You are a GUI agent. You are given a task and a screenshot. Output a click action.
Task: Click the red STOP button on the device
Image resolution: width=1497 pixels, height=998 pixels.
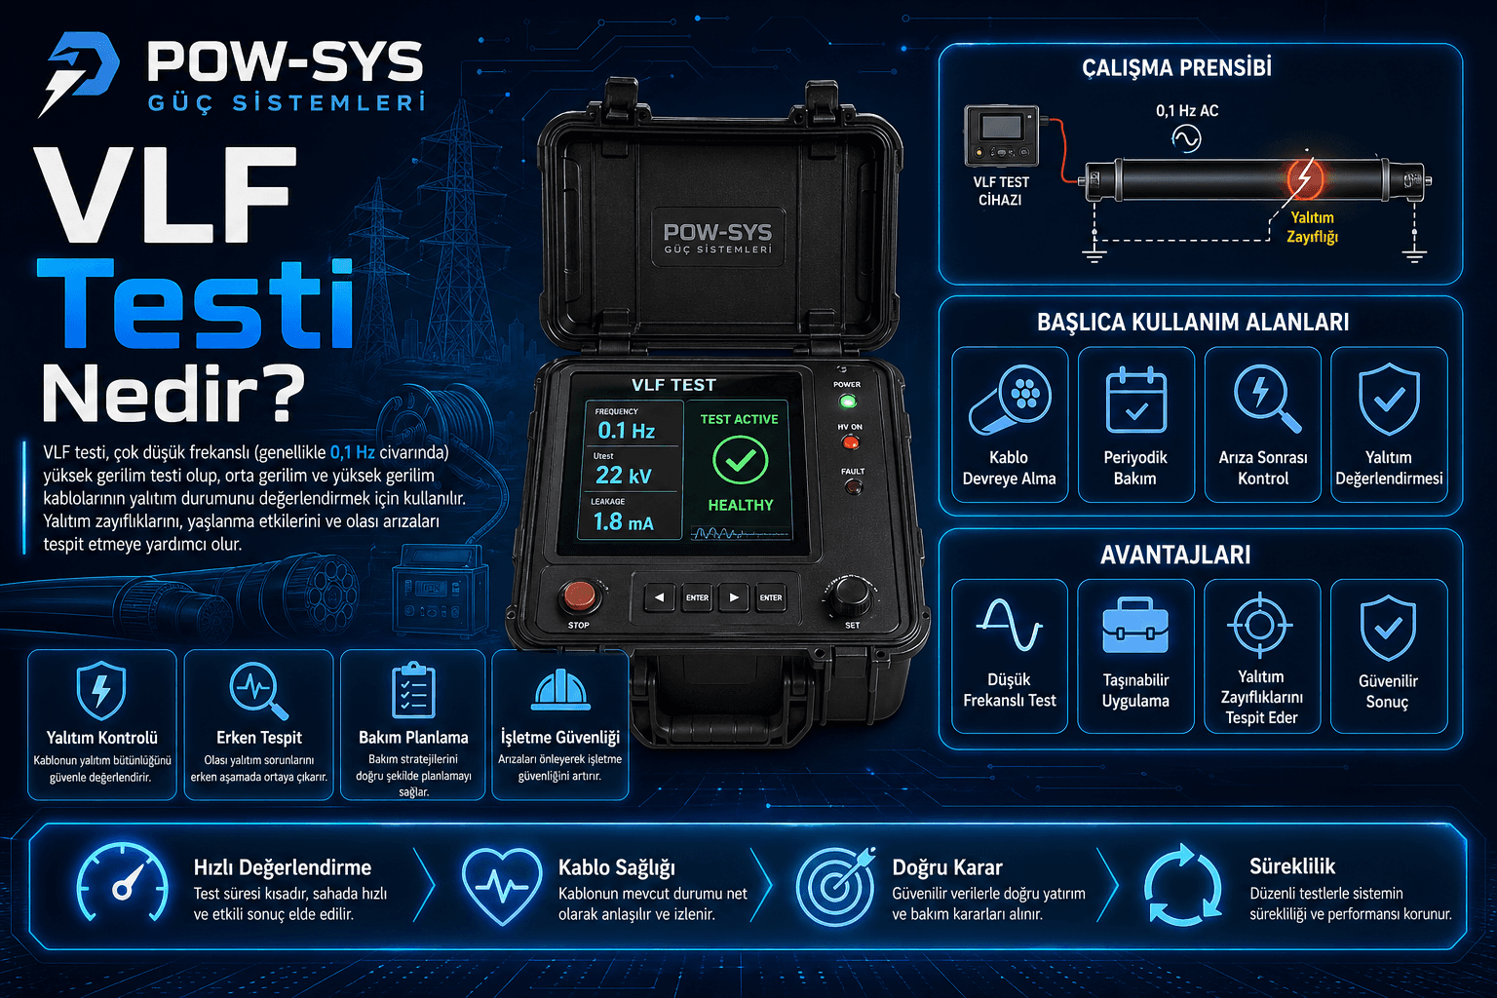pyautogui.click(x=580, y=595)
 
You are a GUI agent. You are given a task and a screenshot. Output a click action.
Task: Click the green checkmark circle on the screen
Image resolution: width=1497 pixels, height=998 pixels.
pyautogui.click(x=740, y=460)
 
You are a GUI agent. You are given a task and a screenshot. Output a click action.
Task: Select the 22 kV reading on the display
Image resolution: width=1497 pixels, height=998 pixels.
pyautogui.click(x=623, y=475)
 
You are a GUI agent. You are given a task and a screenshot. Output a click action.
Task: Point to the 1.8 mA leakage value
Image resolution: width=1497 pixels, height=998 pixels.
pyautogui.click(x=623, y=521)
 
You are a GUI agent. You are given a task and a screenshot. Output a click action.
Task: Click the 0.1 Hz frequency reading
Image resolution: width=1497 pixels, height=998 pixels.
pyautogui.click(x=626, y=430)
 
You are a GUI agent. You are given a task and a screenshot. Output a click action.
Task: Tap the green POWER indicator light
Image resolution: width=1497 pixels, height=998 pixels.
pyautogui.click(x=847, y=401)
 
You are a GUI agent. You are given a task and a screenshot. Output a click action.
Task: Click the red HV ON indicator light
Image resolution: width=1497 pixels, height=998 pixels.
pyautogui.click(x=850, y=443)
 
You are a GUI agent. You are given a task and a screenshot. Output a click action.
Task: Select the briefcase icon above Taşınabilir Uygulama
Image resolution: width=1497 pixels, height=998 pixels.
pyautogui.click(x=1135, y=627)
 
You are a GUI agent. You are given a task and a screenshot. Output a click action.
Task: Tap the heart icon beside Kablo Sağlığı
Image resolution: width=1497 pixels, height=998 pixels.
pyautogui.click(x=501, y=885)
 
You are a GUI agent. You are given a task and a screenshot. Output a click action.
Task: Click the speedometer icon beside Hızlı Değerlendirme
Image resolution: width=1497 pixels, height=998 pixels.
pyautogui.click(x=123, y=883)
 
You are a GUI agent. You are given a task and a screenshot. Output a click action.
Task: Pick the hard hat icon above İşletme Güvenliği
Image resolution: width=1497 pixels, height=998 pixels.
pyautogui.click(x=560, y=690)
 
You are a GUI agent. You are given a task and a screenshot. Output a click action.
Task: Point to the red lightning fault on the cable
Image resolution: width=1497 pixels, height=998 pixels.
pyautogui.click(x=1304, y=178)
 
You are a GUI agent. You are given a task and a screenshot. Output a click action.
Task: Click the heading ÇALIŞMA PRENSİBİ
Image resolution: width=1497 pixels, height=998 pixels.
pyautogui.click(x=1176, y=67)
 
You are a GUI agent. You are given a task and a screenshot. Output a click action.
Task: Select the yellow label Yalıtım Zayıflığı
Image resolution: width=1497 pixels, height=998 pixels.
pyautogui.click(x=1312, y=227)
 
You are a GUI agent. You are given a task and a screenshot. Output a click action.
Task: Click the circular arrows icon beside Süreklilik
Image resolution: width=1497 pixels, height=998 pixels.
pyautogui.click(x=1181, y=885)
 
